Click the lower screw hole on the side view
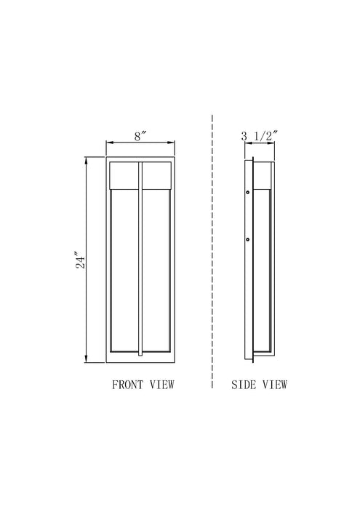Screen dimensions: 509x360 point(249,239)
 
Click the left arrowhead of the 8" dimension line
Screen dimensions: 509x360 point(109,143)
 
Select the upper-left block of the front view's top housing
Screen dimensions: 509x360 point(124,174)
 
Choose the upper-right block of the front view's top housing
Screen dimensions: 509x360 point(157,174)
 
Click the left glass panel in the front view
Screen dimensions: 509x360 point(124,269)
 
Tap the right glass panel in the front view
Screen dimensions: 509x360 point(157,269)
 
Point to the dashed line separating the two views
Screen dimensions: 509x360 point(212,254)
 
